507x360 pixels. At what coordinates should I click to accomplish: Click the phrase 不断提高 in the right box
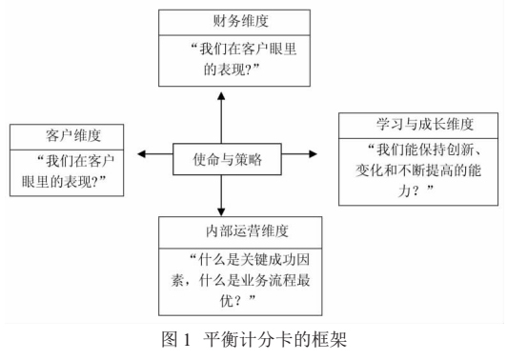click(422, 172)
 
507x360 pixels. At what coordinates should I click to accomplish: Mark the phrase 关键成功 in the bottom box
click(266, 257)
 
